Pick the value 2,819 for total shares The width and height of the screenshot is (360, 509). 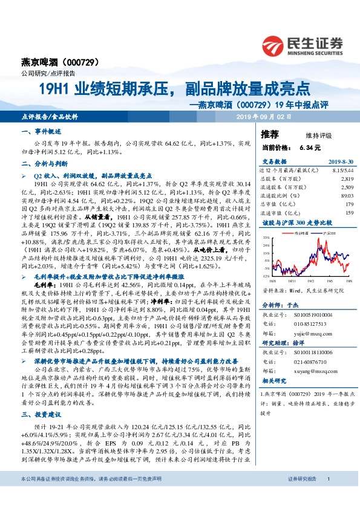(347, 179)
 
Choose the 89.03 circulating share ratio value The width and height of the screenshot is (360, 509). (346, 196)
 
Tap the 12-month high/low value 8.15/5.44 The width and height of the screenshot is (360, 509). (342, 170)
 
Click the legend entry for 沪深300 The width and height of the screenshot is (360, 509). (322, 232)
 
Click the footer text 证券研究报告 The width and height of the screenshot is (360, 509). (301, 496)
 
